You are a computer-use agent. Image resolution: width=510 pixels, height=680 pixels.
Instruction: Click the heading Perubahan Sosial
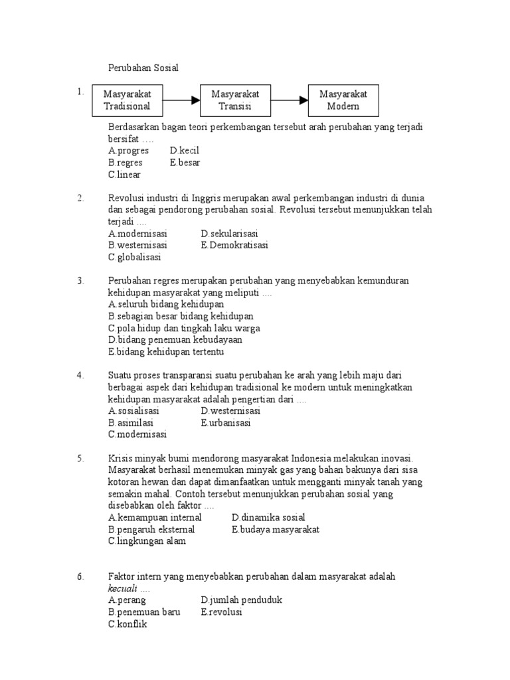(x=143, y=68)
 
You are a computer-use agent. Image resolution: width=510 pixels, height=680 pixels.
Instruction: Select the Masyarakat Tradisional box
(x=127, y=100)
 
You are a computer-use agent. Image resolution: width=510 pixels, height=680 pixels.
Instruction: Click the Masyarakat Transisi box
(x=235, y=100)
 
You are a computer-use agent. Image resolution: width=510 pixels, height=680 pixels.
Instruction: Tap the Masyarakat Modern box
(x=343, y=100)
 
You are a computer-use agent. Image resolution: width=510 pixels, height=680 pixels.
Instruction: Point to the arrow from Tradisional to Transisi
(x=181, y=100)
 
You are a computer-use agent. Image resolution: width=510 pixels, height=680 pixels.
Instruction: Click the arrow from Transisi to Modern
(x=290, y=100)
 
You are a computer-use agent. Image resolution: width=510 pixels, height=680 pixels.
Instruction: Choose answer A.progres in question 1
(x=128, y=151)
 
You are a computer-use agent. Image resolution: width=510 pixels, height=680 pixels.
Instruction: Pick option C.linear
(x=125, y=175)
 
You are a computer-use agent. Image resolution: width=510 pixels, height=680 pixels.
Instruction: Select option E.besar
(x=185, y=163)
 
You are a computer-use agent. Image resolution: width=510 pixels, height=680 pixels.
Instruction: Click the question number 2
(x=80, y=198)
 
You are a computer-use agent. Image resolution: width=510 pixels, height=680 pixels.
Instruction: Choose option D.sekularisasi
(x=229, y=234)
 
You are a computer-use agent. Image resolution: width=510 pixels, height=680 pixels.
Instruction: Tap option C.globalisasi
(x=135, y=258)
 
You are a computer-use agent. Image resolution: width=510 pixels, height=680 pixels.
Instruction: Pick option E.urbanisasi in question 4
(x=226, y=422)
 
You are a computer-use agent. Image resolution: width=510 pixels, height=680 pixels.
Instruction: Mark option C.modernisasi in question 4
(x=137, y=434)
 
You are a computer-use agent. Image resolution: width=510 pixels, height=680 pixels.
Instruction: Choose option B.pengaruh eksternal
(x=151, y=529)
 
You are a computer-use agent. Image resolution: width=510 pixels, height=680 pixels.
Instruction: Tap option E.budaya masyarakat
(x=276, y=529)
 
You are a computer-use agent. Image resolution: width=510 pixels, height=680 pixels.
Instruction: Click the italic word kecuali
(x=122, y=588)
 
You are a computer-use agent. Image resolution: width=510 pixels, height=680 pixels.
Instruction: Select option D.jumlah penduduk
(x=242, y=600)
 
